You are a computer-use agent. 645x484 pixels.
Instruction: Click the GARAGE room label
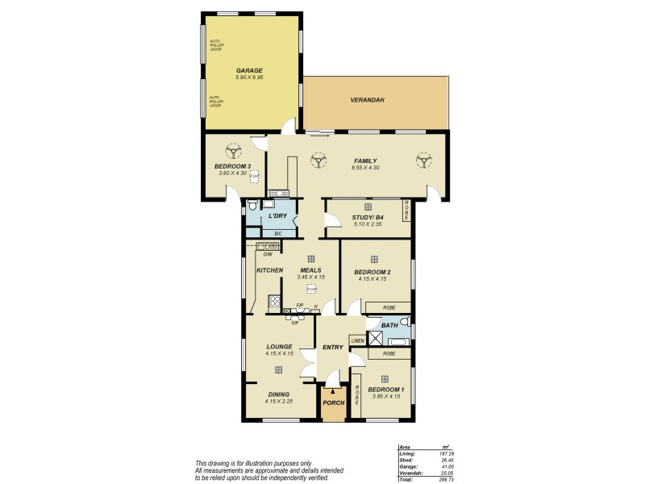point(249,70)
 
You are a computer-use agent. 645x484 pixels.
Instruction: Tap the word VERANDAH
point(367,100)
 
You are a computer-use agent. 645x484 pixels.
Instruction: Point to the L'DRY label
point(277,216)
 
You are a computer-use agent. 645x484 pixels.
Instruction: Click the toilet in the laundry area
point(252,205)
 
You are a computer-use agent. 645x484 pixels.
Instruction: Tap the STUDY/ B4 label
point(368,216)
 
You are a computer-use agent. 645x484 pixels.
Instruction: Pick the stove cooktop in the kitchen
point(274,302)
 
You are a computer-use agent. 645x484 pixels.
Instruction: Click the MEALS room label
point(310,270)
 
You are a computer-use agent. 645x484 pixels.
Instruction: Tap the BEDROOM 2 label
point(372,272)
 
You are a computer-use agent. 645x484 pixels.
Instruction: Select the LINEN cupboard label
point(357,341)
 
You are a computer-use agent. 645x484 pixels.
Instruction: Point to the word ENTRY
point(332,348)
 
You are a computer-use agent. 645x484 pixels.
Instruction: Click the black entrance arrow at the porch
point(333,390)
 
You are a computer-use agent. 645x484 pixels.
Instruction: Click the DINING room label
point(278,394)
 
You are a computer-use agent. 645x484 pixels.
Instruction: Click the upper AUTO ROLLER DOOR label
point(215,44)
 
